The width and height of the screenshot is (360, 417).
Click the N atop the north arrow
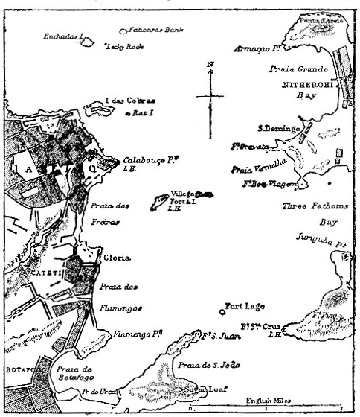[210, 64]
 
